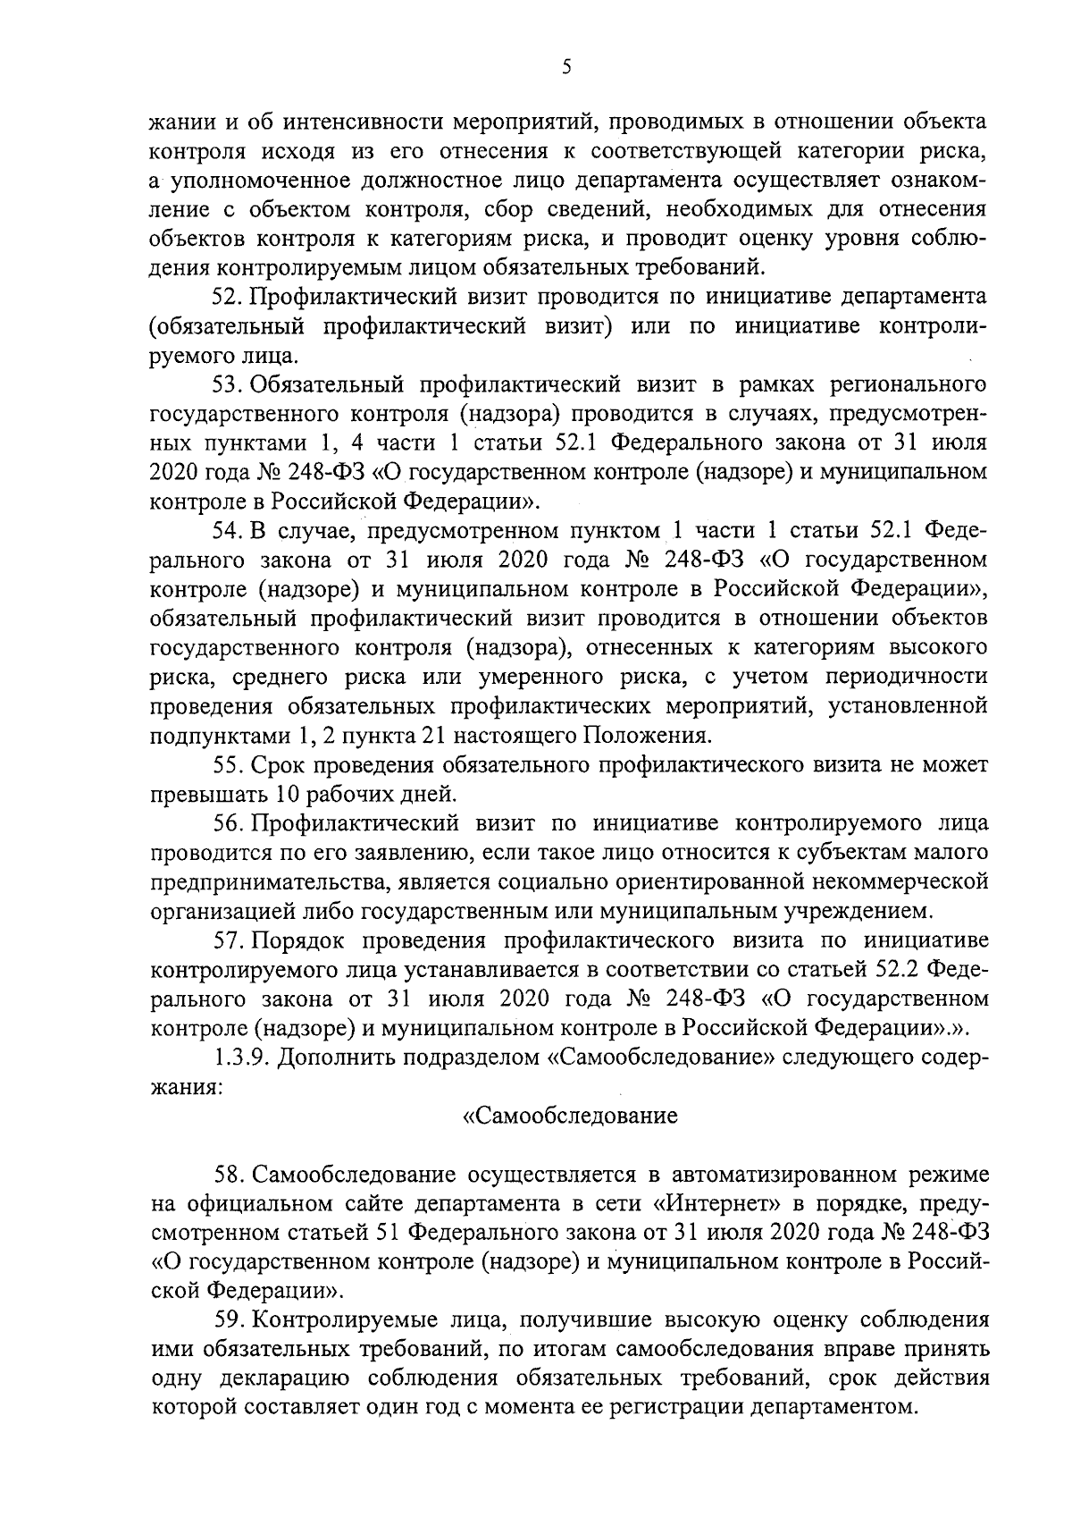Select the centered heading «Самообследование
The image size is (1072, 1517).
(571, 1116)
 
